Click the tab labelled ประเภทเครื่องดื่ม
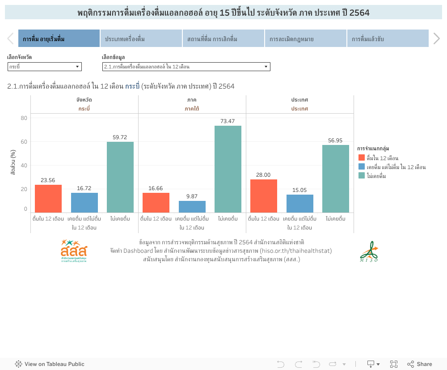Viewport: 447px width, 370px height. (x=141, y=39)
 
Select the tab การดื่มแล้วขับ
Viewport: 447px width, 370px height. (x=387, y=39)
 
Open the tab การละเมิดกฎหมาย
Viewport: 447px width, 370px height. (x=305, y=39)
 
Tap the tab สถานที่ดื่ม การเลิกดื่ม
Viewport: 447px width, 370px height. (x=223, y=39)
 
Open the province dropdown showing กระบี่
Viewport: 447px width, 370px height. (x=45, y=67)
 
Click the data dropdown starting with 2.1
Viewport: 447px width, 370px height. (x=186, y=67)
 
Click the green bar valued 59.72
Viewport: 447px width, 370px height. (x=120, y=177)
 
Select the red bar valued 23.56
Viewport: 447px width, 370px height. (x=48, y=199)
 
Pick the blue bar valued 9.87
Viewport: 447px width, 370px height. (x=192, y=207)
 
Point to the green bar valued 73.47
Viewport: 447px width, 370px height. (x=228, y=169)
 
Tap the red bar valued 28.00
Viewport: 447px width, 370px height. (x=264, y=196)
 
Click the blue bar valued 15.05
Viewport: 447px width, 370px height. (x=300, y=204)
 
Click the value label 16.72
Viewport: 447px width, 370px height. (x=84, y=189)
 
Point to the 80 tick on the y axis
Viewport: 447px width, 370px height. (x=24, y=118)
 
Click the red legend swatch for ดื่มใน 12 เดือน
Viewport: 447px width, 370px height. (x=362, y=157)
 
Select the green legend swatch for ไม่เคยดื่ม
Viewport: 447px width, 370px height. (x=362, y=175)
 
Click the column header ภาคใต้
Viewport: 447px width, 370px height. (x=192, y=109)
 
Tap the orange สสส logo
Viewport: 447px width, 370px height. (x=74, y=251)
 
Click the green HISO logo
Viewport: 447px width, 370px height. (x=369, y=252)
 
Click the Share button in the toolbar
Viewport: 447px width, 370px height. (x=419, y=364)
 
